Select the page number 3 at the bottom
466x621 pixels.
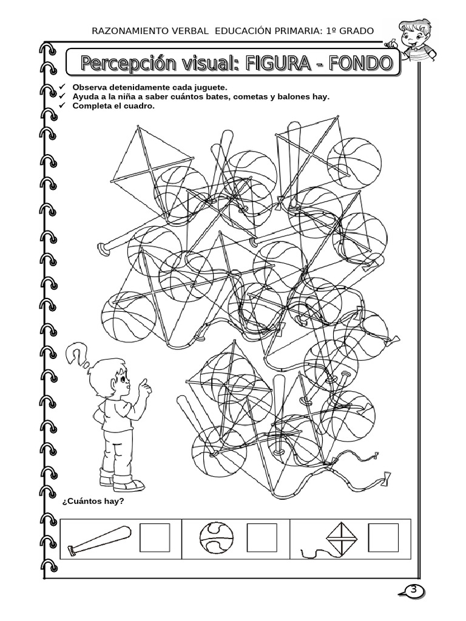(x=414, y=589)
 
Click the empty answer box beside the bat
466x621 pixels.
(x=155, y=537)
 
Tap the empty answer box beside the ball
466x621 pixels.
(x=262, y=537)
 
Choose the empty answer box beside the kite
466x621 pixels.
(x=383, y=537)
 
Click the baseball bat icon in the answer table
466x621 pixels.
(x=99, y=541)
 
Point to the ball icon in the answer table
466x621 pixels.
(x=215, y=537)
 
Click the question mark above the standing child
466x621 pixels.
(x=76, y=353)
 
